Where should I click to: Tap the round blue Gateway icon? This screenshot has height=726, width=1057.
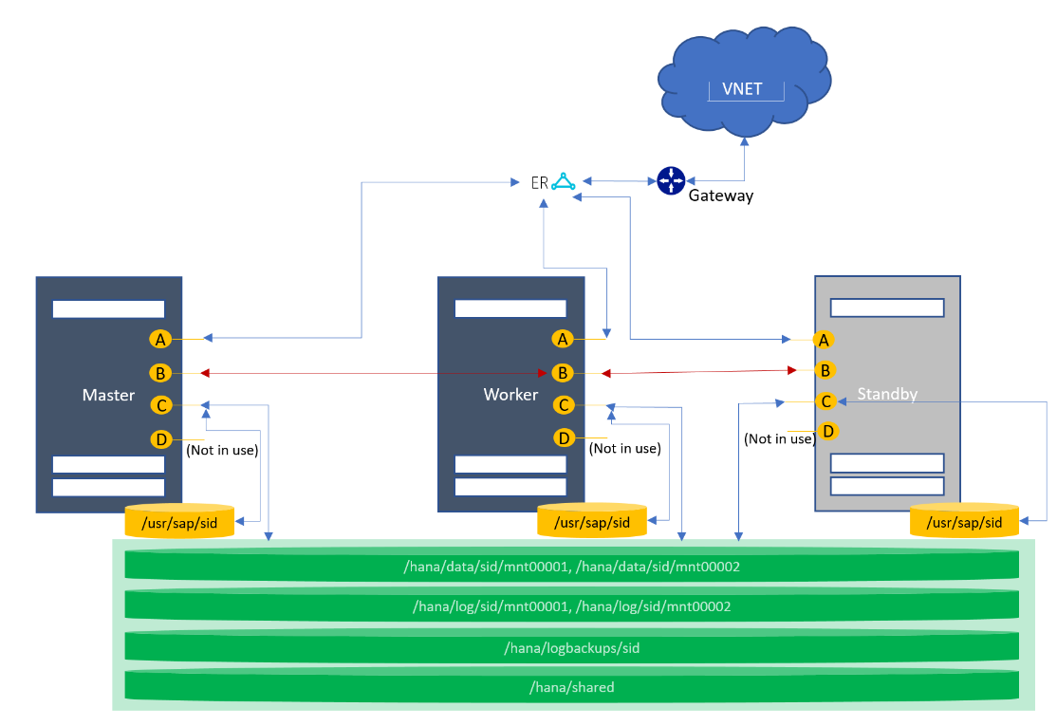671,179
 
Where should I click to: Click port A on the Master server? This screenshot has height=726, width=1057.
160,339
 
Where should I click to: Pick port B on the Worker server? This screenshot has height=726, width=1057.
564,373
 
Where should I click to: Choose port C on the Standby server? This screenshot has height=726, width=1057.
826,401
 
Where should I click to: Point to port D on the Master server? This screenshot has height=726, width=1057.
161,439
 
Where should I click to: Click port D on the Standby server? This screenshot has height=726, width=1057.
828,431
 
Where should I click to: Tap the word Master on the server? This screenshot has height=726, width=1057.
108,395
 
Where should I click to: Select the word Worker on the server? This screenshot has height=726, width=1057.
510,394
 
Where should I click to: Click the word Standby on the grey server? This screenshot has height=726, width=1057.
887,393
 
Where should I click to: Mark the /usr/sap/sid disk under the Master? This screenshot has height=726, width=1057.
179,522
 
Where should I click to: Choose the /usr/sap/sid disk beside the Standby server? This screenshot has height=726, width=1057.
964,522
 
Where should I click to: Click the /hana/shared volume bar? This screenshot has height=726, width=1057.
572,687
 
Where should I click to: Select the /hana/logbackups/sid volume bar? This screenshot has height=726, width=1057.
572,647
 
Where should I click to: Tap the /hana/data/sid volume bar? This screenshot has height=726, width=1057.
572,567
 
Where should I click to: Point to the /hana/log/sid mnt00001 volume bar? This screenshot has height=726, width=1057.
572,606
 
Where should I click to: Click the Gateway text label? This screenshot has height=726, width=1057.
720,196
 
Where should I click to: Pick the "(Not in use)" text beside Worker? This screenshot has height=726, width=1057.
624,448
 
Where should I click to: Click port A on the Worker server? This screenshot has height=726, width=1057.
564,339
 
